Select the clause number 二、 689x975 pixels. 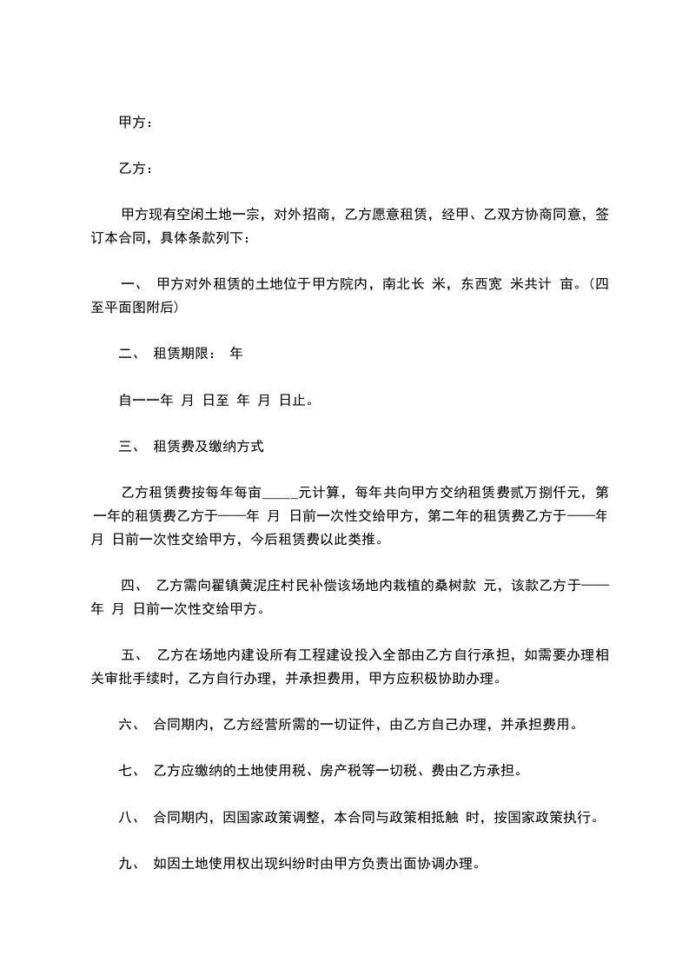tap(129, 354)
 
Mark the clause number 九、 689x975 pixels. tap(129, 864)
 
